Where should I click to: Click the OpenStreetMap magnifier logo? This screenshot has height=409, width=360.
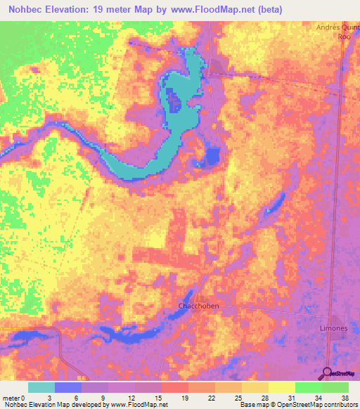[328, 373]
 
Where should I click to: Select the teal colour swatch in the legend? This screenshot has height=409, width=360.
[41, 387]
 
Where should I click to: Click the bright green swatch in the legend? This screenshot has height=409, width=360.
[308, 387]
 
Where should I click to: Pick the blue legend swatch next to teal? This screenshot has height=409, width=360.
[68, 387]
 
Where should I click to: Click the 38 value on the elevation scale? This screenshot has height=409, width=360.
[344, 397]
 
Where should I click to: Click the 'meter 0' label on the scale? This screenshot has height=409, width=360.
[15, 397]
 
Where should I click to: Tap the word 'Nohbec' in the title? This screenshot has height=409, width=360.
[27, 8]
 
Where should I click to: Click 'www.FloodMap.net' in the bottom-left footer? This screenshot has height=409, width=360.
[137, 405]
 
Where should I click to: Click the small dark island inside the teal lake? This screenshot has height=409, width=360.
[175, 105]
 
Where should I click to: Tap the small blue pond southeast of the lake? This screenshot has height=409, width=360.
[213, 156]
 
